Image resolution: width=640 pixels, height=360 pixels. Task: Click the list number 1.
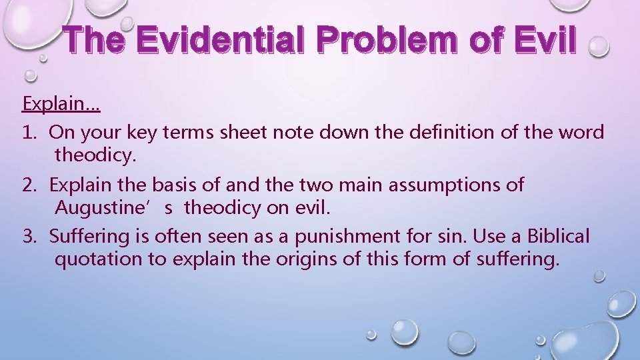(29, 132)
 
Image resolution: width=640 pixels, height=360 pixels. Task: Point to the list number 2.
(29, 185)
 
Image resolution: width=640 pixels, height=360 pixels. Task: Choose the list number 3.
(29, 236)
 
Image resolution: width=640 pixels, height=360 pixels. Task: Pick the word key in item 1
(133, 132)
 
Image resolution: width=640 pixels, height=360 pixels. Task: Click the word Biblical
(559, 236)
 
